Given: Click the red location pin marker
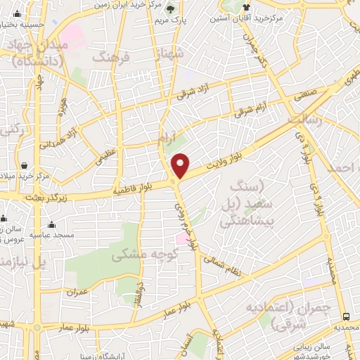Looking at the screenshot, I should pyautogui.click(x=181, y=165).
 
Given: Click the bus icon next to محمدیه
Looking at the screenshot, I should pyautogui.click(x=346, y=316).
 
